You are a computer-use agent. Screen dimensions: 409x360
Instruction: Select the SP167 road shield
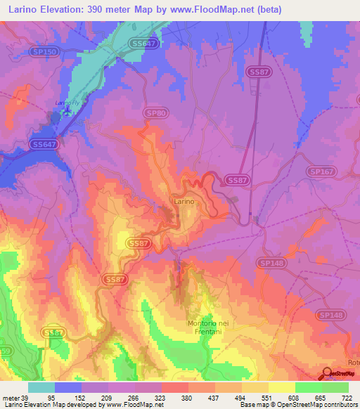pyautogui.click(x=320, y=171)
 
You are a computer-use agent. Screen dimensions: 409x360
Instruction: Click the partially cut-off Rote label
pyautogui.click(x=353, y=363)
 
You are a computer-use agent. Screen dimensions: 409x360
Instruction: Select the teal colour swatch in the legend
pyautogui.click(x=41, y=387)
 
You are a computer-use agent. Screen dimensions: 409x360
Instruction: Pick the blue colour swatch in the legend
pyautogui.click(x=68, y=387)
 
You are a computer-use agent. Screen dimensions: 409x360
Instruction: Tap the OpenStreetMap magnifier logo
pyautogui.click(x=327, y=372)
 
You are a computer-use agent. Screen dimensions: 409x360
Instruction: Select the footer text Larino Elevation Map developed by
pyautogui.click(x=54, y=405)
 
